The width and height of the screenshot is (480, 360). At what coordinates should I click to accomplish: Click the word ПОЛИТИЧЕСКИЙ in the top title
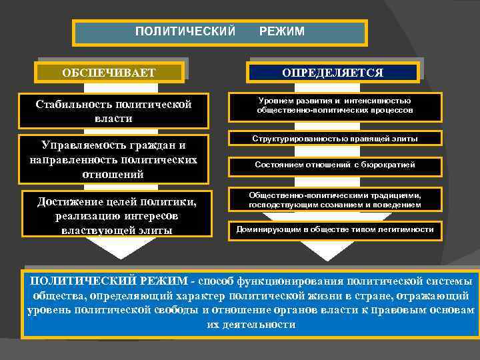pyautogui.click(x=185, y=31)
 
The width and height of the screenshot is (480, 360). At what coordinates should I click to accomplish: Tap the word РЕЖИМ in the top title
pyautogui.click(x=282, y=31)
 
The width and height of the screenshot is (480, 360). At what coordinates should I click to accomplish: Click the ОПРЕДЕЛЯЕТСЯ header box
pyautogui.click(x=333, y=72)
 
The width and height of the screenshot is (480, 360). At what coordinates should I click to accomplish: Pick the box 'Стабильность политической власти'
pyautogui.click(x=113, y=111)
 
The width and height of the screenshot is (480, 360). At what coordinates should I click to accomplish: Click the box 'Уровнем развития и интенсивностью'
pyautogui.click(x=335, y=105)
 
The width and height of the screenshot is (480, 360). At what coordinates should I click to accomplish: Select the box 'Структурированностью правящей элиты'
pyautogui.click(x=335, y=139)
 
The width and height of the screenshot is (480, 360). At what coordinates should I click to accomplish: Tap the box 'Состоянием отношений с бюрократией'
pyautogui.click(x=335, y=165)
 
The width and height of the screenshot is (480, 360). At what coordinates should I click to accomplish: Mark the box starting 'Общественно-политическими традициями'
pyautogui.click(x=335, y=200)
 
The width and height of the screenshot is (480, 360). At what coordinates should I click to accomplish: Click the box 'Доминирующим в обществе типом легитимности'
pyautogui.click(x=335, y=229)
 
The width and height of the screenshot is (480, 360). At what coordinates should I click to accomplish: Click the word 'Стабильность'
pyautogui.click(x=73, y=105)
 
